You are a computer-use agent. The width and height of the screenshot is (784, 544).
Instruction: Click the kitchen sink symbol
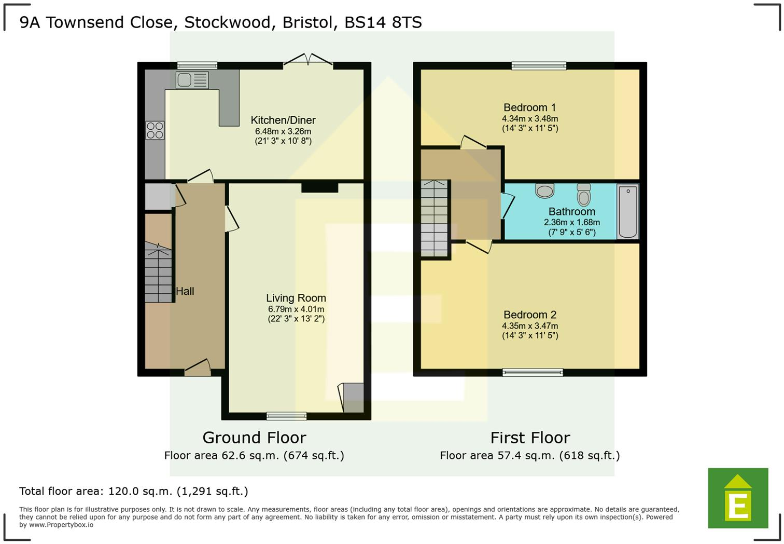pyautogui.click(x=192, y=80)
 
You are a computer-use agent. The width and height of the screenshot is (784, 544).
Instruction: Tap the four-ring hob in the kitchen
pyautogui.click(x=155, y=130)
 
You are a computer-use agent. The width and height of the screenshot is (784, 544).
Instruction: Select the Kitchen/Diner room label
pyautogui.click(x=283, y=120)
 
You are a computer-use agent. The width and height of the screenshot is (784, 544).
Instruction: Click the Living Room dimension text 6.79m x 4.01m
pyautogui.click(x=296, y=309)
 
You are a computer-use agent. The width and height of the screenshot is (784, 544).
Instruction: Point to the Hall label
pyautogui.click(x=185, y=291)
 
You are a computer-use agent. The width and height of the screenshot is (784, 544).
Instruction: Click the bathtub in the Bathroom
pyautogui.click(x=627, y=212)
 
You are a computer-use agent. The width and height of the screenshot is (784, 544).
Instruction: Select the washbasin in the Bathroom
pyautogui.click(x=544, y=191)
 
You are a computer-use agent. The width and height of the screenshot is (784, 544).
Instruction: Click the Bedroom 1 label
pyautogui.click(x=529, y=107)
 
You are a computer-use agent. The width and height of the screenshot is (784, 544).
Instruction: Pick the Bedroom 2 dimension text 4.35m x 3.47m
pyautogui.click(x=530, y=326)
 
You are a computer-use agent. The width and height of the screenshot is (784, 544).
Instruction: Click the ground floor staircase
pyautogui.click(x=158, y=275)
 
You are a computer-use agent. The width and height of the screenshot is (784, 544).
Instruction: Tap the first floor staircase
pyautogui.click(x=434, y=218)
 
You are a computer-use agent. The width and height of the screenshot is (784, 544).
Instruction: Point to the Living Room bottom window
pyautogui.click(x=286, y=416)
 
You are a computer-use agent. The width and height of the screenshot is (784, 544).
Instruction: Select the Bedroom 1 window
pyautogui.click(x=539, y=65)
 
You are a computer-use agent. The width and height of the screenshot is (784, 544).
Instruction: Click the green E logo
pyautogui.click(x=738, y=498)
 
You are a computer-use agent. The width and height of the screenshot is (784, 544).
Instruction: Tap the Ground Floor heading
pyautogui.click(x=254, y=438)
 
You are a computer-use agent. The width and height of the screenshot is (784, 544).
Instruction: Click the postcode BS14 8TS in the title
pyautogui.click(x=383, y=22)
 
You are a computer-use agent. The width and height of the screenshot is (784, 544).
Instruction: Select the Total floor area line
pyautogui.click(x=134, y=491)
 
